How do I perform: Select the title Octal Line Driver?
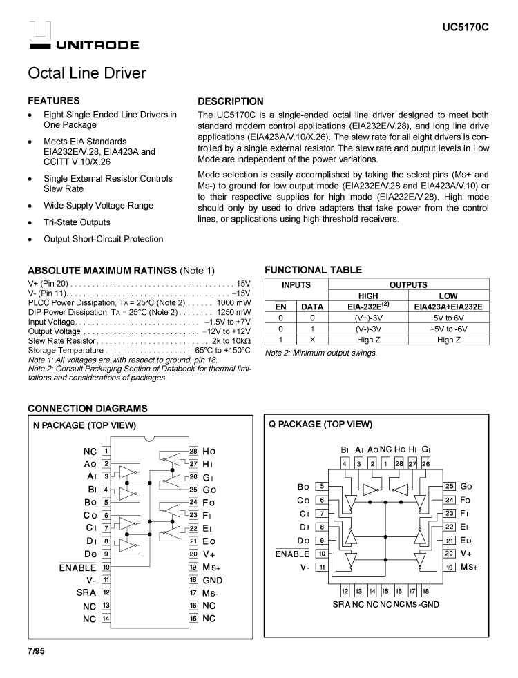point(87,73)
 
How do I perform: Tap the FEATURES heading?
point(54,101)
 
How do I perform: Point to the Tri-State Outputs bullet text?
point(77,222)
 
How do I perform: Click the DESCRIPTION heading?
point(231,101)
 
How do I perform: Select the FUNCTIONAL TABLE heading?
point(314,270)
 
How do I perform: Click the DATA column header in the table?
point(312,307)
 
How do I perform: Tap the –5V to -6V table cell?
point(448,329)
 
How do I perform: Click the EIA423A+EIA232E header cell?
point(448,307)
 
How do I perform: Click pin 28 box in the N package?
point(193,451)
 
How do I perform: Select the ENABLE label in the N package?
point(77,568)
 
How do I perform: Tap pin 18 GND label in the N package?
point(213,581)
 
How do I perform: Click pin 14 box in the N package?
point(106,619)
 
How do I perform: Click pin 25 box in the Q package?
point(449,487)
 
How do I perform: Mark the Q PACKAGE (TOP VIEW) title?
point(320,425)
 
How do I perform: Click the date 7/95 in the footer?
point(36,651)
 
